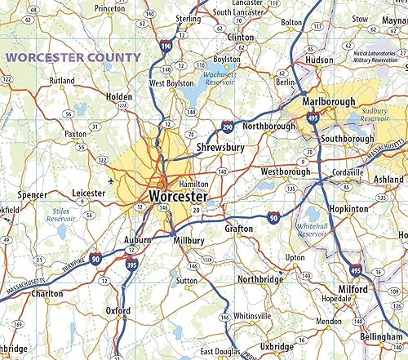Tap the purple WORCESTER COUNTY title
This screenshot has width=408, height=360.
(73, 57)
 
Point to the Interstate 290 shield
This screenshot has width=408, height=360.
(228, 127)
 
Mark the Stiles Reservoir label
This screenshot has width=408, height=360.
(60, 214)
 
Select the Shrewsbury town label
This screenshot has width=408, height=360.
(220, 148)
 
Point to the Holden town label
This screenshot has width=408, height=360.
(119, 96)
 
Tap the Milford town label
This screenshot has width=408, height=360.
(353, 290)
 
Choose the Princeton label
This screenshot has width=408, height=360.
(109, 8)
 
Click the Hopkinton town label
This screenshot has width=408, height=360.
(349, 209)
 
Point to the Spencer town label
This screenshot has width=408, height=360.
(33, 195)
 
